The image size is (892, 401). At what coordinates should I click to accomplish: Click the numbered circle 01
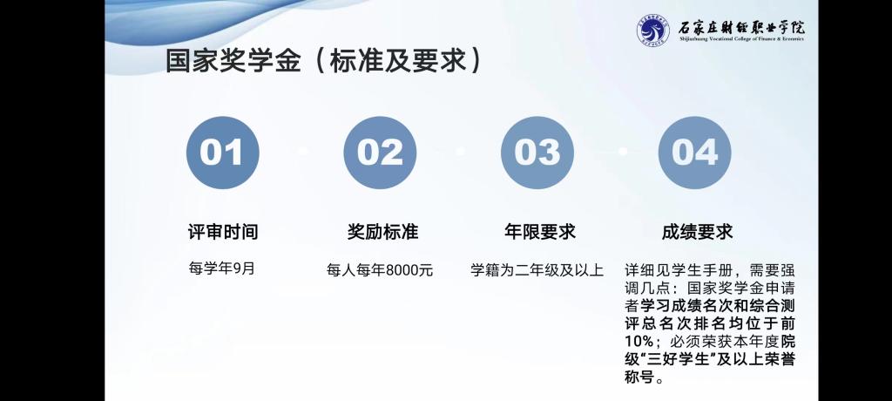click(222, 153)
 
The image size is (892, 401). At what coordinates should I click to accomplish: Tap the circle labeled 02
click(380, 153)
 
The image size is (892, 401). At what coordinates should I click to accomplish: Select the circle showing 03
click(537, 153)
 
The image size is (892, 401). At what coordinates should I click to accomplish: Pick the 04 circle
click(694, 153)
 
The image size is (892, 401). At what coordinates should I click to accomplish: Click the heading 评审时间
click(223, 232)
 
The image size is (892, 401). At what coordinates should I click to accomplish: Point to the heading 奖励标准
click(383, 232)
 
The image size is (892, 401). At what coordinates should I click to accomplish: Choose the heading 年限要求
click(540, 232)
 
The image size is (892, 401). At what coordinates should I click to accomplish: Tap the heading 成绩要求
click(698, 232)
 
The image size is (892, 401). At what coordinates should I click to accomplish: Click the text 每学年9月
click(222, 268)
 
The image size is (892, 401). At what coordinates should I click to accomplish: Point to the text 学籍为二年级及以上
click(537, 269)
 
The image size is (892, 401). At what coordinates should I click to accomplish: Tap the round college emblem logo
click(653, 31)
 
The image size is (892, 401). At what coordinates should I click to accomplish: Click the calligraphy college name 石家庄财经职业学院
click(741, 27)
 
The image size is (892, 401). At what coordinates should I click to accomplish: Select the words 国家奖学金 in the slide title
click(233, 61)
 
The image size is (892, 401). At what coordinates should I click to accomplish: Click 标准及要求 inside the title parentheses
click(396, 61)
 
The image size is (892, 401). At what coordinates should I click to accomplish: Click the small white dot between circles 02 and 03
click(460, 152)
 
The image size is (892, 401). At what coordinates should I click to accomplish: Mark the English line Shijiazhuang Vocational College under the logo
click(741, 40)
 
